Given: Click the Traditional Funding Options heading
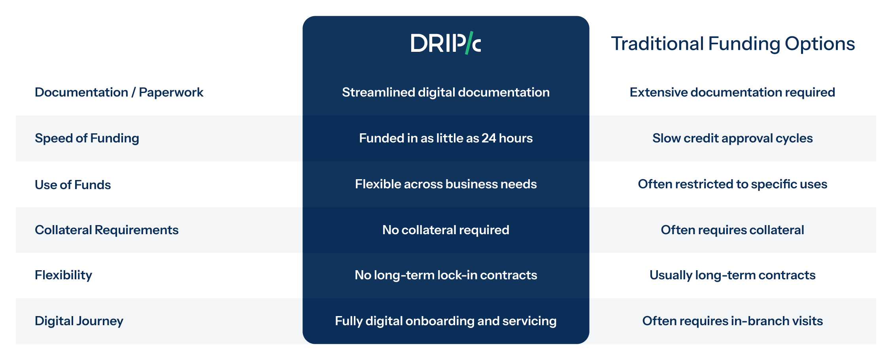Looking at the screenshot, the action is coord(733,44).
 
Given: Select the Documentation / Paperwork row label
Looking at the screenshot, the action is coord(119,92).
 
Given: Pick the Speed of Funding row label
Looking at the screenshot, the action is coord(87,138).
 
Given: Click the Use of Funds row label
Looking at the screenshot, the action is coord(73,185).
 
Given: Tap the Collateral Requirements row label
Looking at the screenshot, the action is coord(107,230).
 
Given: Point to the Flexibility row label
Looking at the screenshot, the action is coord(63,275).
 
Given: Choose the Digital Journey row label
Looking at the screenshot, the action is coord(79,321).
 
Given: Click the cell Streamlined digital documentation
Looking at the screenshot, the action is coord(446,92).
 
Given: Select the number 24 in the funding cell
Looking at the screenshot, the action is coord(489,138).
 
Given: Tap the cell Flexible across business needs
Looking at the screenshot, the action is coord(446,184).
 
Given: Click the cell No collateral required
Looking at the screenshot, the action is coord(446,230).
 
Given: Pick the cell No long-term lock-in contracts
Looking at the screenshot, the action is coord(446,275).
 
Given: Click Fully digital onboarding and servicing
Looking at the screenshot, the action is coord(446,321).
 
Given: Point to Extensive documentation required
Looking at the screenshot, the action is coord(732,92).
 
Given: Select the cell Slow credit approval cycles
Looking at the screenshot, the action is coord(732,138).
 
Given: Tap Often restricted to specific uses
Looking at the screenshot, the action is coord(732,184).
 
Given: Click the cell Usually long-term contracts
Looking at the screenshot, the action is coord(732,275).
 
